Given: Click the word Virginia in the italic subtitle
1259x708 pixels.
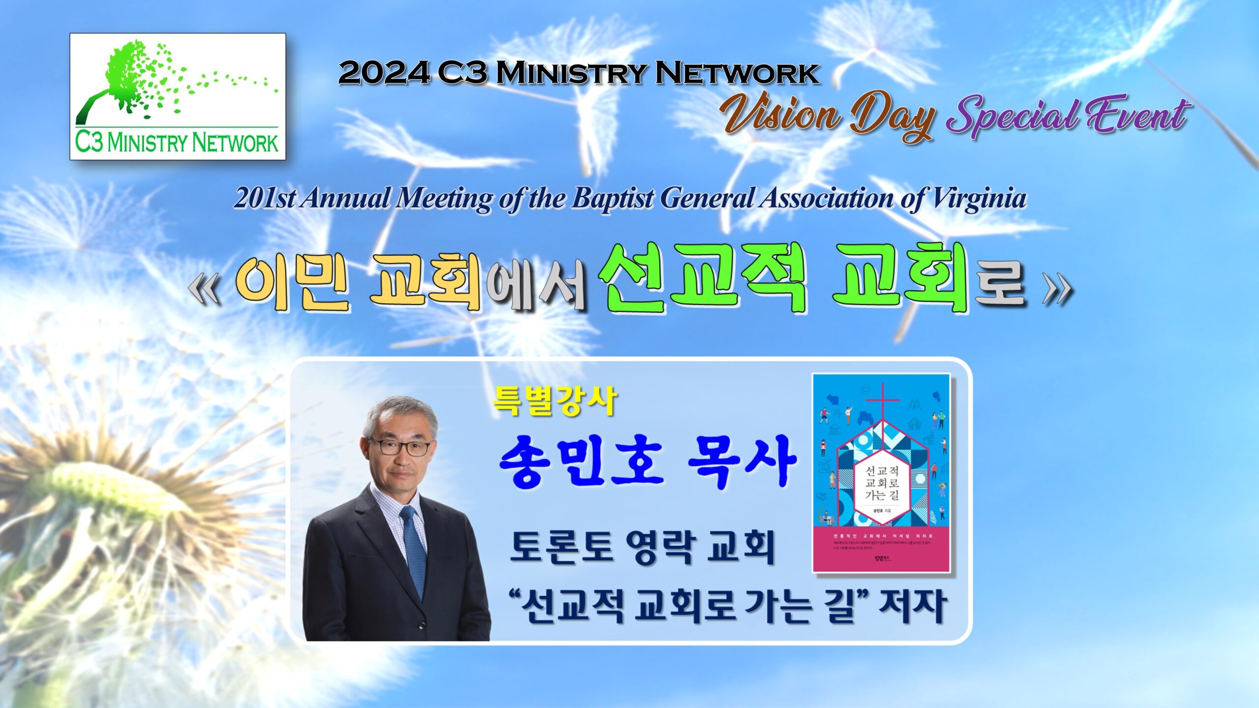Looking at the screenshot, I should point(979,199).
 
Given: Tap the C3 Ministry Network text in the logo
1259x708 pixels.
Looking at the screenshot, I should point(177,143).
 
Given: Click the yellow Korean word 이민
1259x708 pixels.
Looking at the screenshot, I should point(292,282).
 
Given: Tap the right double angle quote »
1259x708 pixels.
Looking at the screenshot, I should point(1057,290).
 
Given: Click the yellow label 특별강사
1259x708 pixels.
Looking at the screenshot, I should point(555,401).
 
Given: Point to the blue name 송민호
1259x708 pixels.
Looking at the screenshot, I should point(580,462).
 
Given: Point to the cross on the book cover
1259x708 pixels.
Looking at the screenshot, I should point(882,403).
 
